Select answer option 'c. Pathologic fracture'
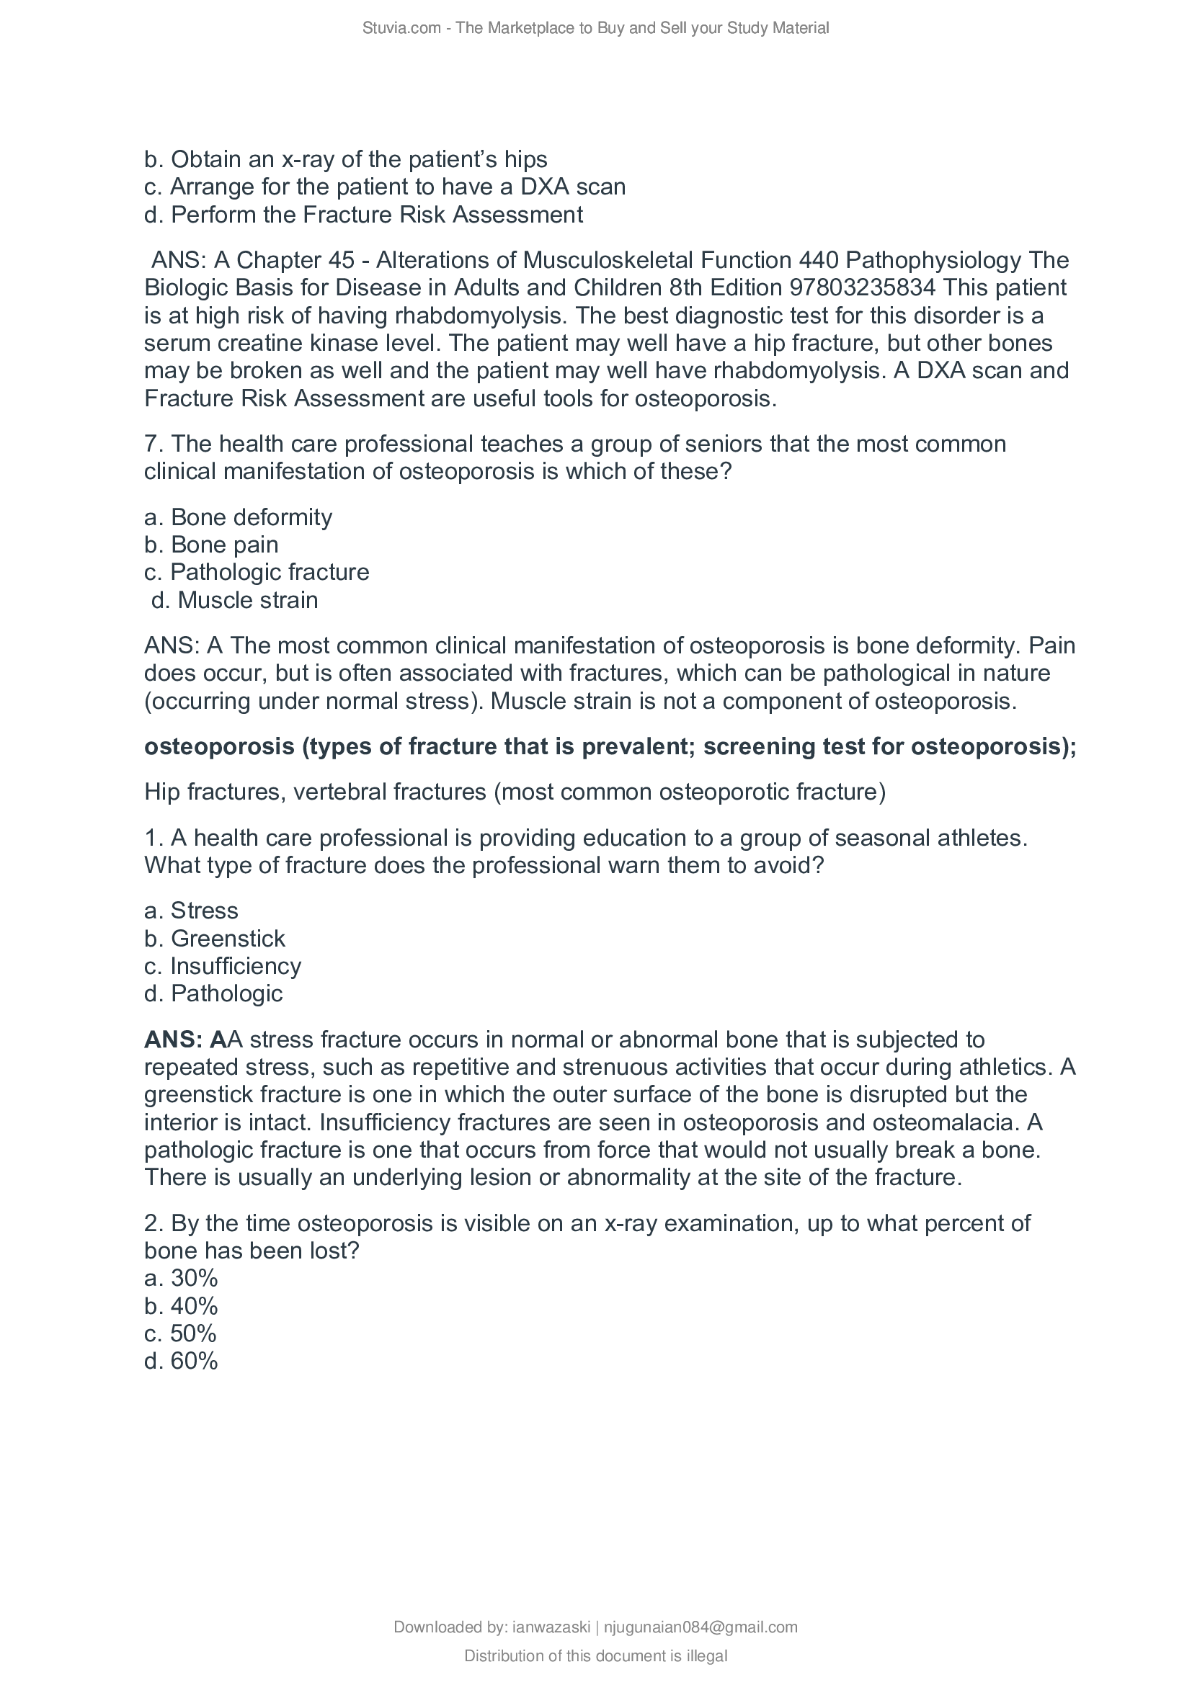tap(257, 572)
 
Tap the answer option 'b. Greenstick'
tap(214, 938)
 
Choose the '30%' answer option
tap(182, 1278)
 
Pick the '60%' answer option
tap(182, 1361)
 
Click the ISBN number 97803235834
tap(863, 287)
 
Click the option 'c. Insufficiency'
tap(223, 966)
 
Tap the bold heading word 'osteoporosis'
tap(219, 746)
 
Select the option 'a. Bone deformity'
tap(238, 517)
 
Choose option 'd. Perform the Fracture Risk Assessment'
tap(363, 214)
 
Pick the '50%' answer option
tap(181, 1333)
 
